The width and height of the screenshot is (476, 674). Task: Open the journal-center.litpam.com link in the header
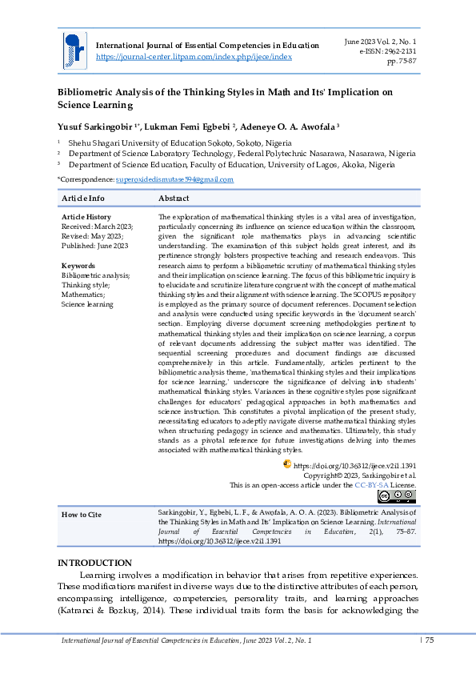click(x=194, y=57)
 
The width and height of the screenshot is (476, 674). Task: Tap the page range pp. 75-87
click(x=401, y=60)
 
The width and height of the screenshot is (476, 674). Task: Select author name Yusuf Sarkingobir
click(x=95, y=126)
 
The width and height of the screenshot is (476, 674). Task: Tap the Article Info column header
click(x=83, y=198)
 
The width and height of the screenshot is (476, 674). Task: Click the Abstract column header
click(x=174, y=198)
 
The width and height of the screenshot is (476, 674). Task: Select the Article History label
click(x=86, y=217)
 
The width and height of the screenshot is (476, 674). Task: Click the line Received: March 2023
click(x=98, y=227)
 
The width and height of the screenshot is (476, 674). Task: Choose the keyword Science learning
click(x=87, y=304)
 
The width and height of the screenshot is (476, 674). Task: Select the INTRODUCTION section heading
click(x=94, y=564)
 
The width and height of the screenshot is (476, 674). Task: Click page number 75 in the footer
click(x=429, y=640)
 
